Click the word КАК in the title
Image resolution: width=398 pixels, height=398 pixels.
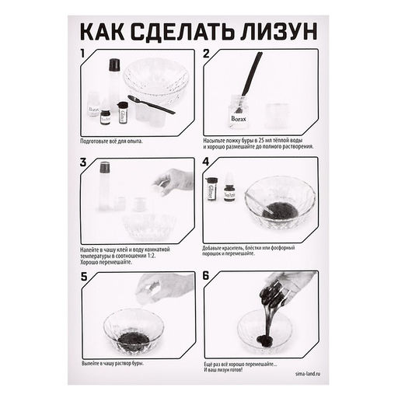pos(103,33)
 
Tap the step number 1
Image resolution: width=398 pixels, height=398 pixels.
pos(84,54)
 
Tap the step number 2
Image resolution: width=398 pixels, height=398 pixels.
pos(207,54)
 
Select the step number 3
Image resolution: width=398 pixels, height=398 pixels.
pos(84,163)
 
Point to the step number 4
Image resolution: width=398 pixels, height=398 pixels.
pos(207,163)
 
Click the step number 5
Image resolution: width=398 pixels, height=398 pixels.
pos(84,276)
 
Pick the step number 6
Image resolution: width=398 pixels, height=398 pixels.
pos(207,276)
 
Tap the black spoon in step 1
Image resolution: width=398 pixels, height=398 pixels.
pos(149,103)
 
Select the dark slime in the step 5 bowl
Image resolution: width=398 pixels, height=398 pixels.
pos(133,339)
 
